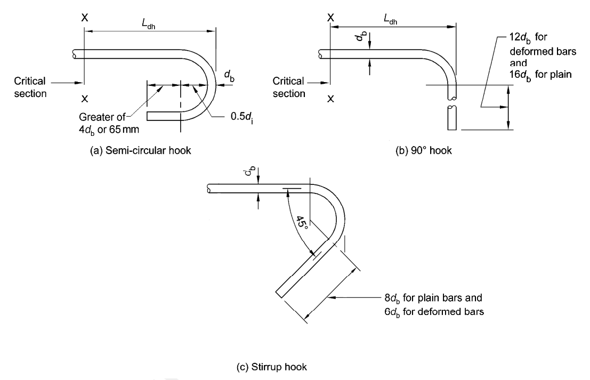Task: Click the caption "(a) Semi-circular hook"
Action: pos(141,150)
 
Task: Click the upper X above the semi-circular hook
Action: pos(84,17)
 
